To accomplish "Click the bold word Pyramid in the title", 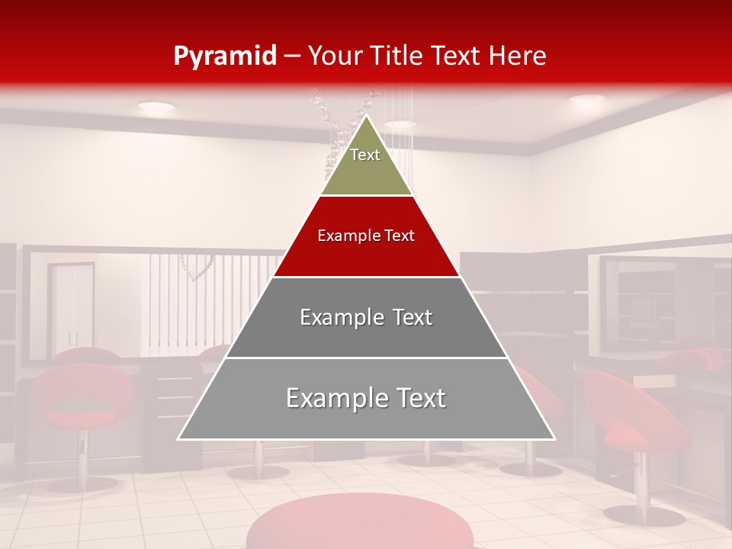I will (x=225, y=56).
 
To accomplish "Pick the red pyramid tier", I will (x=366, y=236).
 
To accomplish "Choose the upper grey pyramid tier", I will (x=366, y=317).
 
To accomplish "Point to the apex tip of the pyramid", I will (x=367, y=116).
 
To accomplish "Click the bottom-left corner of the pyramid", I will (x=179, y=438).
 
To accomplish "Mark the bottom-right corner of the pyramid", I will (x=554, y=438).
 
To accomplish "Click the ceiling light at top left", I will (x=156, y=108).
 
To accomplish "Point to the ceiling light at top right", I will (x=586, y=99).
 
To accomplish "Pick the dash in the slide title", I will (x=292, y=56).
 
